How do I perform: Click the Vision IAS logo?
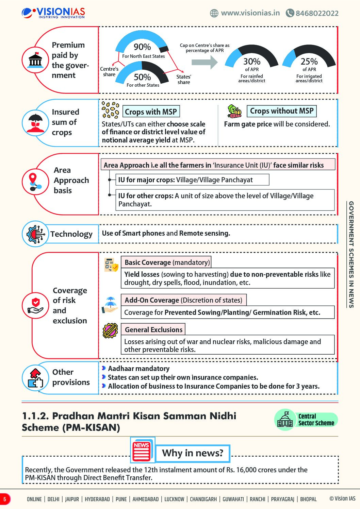(53, 13)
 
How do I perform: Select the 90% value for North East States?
(142, 47)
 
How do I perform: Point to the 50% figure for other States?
(142, 77)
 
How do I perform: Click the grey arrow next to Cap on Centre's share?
(204, 62)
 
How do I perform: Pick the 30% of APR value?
(252, 62)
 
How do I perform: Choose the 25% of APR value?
(309, 62)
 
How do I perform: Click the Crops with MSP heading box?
(151, 112)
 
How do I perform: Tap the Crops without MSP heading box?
(281, 111)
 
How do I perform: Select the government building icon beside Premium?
(35, 60)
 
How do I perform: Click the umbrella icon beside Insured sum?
(35, 122)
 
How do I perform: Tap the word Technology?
(71, 234)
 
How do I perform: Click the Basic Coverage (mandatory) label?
(166, 262)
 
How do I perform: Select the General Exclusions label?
(153, 329)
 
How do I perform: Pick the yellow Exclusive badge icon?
(110, 330)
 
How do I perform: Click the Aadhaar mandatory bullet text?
(138, 369)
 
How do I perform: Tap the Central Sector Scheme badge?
(306, 420)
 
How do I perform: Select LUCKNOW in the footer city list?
(174, 499)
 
